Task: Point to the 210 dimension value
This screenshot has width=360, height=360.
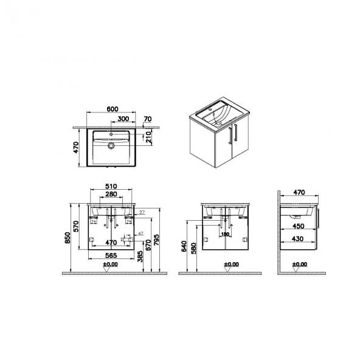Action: coord(150,139)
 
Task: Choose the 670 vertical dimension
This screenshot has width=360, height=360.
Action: coord(150,243)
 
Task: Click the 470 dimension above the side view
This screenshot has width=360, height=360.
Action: coord(299,192)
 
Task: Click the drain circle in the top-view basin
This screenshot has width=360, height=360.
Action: coord(112,146)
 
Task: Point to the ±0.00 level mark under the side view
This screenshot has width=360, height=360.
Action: coord(299,265)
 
